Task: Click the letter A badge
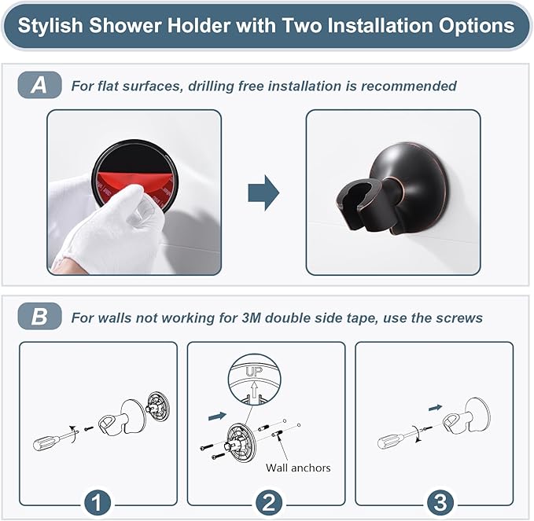(39, 85)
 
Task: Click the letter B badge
(39, 317)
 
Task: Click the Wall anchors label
(298, 468)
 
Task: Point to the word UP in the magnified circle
(253, 369)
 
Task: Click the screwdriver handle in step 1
(46, 441)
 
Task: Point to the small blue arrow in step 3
(434, 406)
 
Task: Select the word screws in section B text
(462, 317)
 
